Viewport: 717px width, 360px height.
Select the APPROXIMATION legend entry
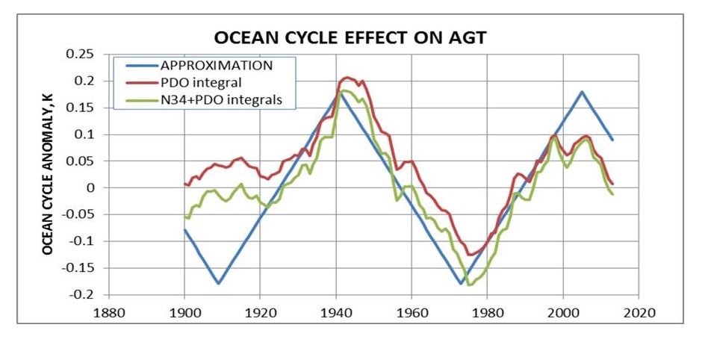tap(217, 65)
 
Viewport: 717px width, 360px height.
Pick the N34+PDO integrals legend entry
tap(220, 99)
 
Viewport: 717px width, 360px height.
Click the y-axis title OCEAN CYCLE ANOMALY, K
tap(47, 174)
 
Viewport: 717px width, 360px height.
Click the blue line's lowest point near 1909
tap(218, 284)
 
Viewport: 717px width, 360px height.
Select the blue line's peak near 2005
tap(582, 92)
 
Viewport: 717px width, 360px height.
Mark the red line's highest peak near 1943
tap(347, 77)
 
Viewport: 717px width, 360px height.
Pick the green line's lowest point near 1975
tap(468, 285)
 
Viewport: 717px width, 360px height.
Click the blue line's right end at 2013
tap(612, 140)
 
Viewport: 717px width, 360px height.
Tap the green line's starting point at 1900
tap(184, 217)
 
